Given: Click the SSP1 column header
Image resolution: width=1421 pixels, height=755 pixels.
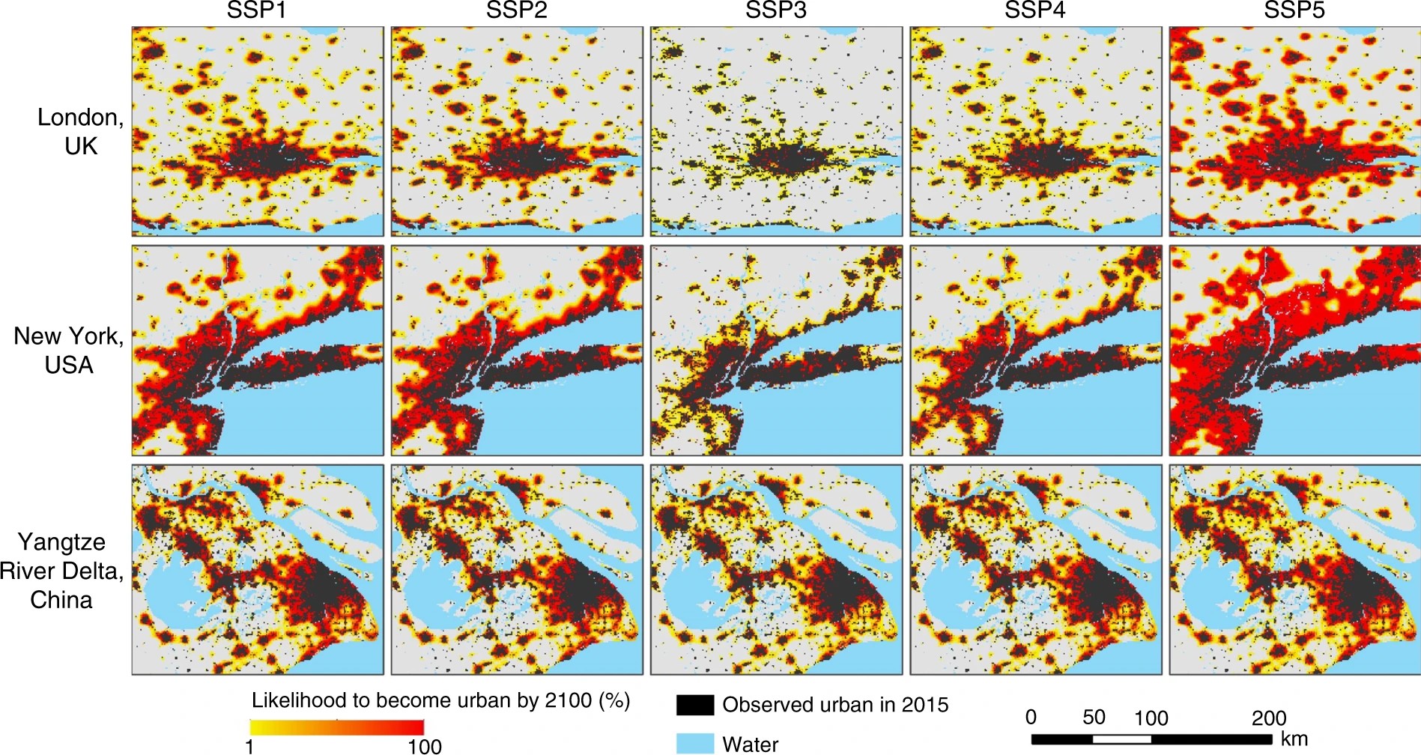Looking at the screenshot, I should point(257,11).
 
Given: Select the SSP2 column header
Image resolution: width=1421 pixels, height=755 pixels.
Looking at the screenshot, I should point(516,11).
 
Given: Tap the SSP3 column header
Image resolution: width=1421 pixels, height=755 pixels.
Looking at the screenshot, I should point(776,11).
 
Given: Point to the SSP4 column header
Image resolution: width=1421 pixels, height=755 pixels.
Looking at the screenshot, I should point(1035,11).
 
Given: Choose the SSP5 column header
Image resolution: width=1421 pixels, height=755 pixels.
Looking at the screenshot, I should point(1294,11).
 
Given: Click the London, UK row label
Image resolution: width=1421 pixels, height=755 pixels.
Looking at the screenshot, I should point(80,131).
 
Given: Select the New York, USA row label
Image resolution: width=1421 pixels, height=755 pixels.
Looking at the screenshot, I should point(69,351).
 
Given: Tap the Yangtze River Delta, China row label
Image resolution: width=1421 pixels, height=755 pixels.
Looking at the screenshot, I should point(61,571).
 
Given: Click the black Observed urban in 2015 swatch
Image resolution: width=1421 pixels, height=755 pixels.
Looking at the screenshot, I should point(694,705).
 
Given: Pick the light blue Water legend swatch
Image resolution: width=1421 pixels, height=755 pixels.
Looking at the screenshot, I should point(694,744).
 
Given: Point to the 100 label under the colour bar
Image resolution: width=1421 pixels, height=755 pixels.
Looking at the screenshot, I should point(424,746).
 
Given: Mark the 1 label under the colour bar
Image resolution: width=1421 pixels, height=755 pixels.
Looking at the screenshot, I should point(249,746).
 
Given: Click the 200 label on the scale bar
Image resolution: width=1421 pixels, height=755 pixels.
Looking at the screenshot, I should point(1269,718).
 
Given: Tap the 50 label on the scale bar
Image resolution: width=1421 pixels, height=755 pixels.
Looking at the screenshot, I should point(1094,718).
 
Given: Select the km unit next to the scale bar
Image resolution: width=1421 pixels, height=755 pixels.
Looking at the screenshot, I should point(1294,739).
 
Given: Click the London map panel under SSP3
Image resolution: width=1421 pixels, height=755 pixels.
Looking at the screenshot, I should point(776,132).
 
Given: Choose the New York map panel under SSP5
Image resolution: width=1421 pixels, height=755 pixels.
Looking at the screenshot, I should point(1294,351).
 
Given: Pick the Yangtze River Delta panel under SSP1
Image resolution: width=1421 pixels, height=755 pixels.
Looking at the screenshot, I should point(257,570).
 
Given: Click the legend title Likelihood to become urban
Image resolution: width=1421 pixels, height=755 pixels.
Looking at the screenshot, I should point(440,700).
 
